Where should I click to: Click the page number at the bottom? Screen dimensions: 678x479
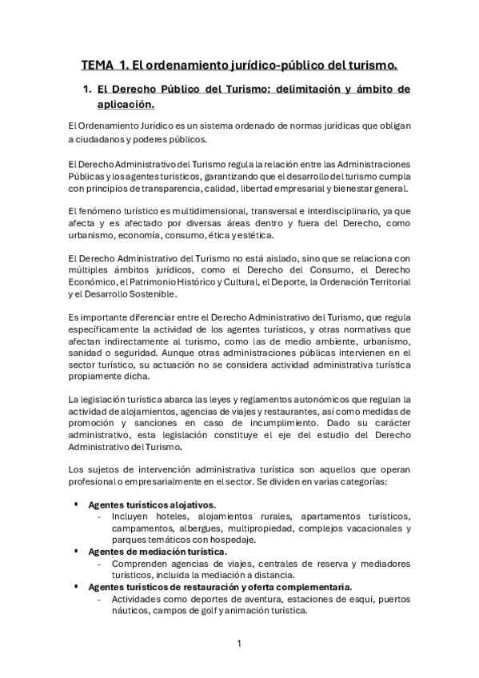(239, 644)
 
